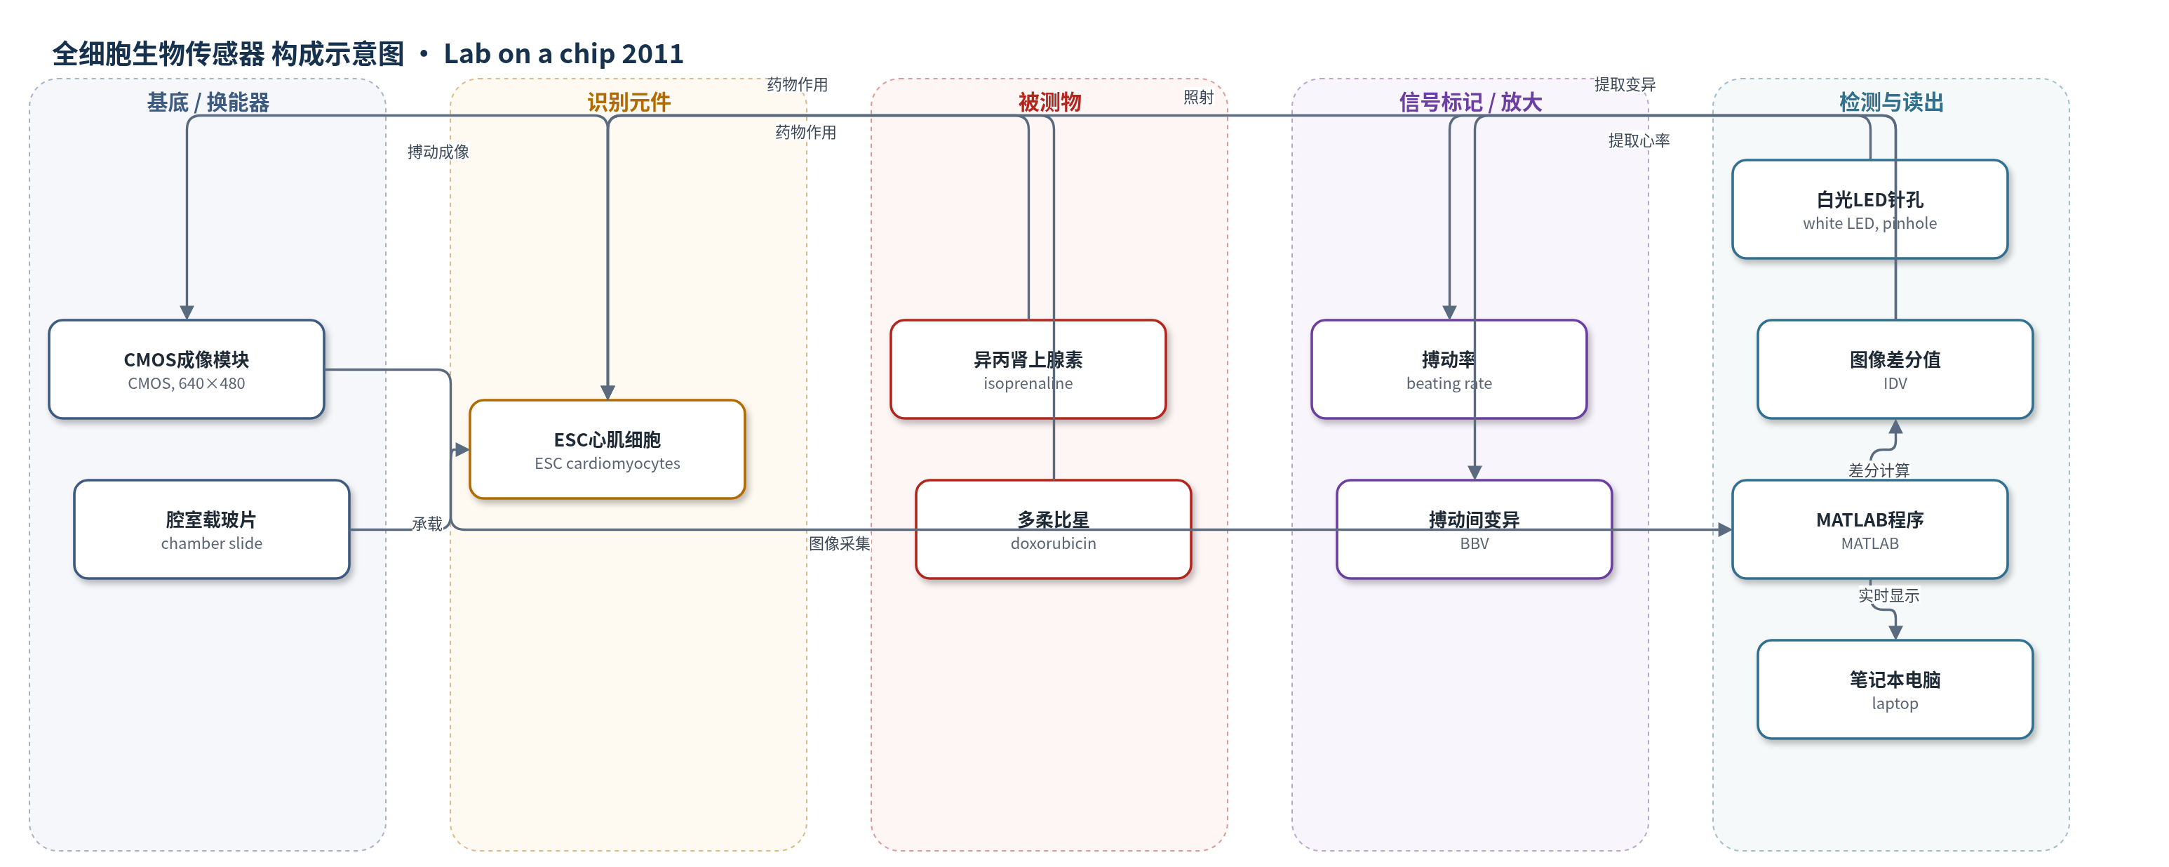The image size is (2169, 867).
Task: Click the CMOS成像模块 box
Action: (x=186, y=369)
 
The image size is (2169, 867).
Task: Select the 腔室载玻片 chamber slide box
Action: (x=211, y=529)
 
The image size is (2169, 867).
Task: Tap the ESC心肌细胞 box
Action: (x=607, y=449)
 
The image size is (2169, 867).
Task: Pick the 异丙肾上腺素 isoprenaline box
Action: (x=1028, y=369)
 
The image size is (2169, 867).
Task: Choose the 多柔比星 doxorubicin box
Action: (x=1054, y=529)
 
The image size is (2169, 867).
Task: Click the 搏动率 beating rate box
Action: (x=1449, y=369)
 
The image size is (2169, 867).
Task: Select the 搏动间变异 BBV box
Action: (x=1475, y=529)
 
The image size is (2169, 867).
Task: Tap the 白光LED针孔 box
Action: (x=1870, y=209)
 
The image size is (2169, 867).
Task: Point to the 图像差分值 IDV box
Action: (x=1895, y=369)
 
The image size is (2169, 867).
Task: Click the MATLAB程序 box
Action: (x=1870, y=529)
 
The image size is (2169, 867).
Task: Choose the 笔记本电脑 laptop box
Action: (x=1895, y=689)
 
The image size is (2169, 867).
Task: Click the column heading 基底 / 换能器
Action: (x=208, y=102)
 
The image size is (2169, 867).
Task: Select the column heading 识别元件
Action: (x=629, y=102)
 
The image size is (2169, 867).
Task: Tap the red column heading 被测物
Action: (x=1049, y=102)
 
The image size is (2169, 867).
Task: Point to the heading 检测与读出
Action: (x=1891, y=102)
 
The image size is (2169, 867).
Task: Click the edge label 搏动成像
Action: (x=438, y=152)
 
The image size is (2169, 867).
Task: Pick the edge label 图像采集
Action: (x=840, y=543)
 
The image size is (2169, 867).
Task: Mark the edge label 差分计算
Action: (x=1879, y=470)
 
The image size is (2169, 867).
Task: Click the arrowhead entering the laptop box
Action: (x=1895, y=633)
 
